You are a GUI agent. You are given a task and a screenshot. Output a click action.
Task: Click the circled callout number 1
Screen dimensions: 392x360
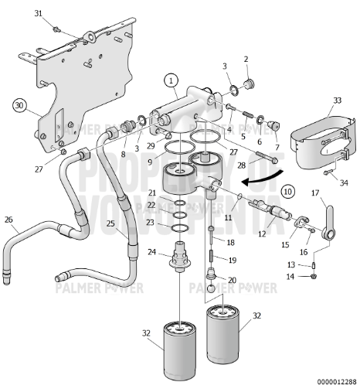point(171,80)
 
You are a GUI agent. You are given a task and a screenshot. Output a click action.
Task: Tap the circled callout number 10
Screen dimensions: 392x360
point(287,189)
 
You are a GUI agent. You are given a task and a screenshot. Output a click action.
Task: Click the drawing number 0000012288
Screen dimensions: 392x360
point(337,382)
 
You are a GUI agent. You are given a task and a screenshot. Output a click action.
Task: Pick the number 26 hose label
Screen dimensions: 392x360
point(8,220)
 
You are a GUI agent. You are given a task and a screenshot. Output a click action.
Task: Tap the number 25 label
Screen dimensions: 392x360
point(110,224)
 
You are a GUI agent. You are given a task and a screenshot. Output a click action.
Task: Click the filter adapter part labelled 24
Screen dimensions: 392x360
point(181,256)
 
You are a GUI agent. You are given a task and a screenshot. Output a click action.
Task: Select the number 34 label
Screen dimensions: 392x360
point(345,182)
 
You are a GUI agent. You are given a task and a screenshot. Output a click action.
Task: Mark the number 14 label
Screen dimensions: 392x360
point(290,276)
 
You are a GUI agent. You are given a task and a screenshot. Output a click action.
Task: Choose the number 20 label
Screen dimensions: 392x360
point(232,280)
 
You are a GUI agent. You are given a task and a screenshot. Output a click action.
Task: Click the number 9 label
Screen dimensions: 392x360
point(149,163)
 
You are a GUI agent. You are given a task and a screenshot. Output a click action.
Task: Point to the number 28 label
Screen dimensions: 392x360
point(240,165)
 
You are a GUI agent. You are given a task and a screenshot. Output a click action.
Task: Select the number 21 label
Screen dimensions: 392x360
point(152,193)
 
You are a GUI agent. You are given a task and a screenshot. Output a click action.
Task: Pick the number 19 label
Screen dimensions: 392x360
point(232,261)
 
